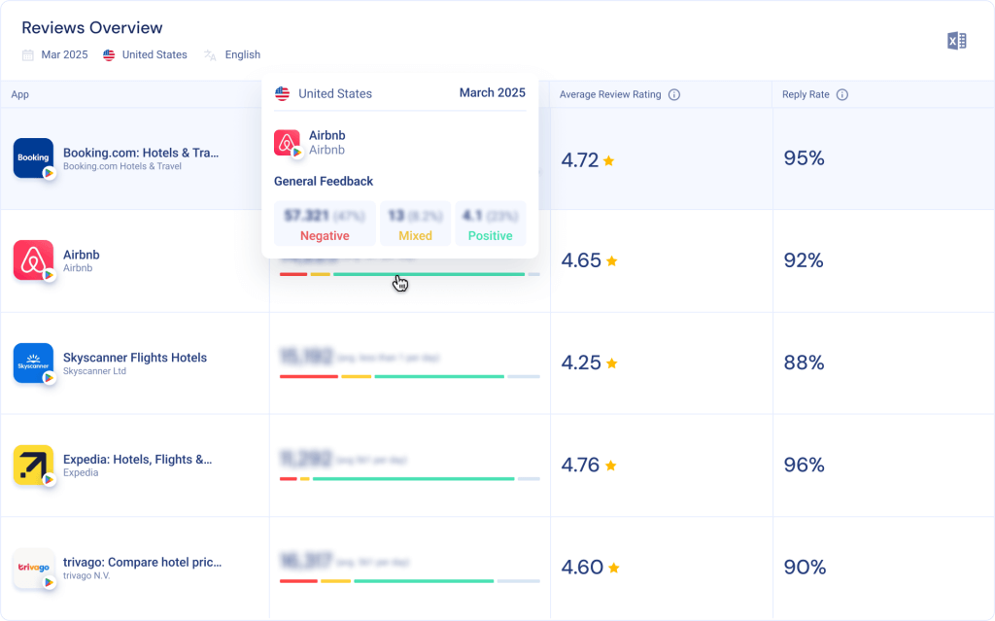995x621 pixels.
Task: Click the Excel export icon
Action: [956, 41]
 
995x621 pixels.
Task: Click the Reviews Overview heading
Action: [92, 28]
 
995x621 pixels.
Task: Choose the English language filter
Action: [242, 55]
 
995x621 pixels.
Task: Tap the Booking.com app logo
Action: [33, 157]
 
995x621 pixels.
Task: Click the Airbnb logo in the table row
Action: [33, 260]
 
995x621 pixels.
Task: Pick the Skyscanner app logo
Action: [33, 362]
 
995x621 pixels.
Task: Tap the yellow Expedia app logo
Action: [33, 465]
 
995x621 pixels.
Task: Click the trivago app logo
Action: [33, 567]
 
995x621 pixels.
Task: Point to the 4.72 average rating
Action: [580, 160]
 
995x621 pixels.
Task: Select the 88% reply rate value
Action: [804, 362]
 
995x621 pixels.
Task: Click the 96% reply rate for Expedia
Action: [804, 465]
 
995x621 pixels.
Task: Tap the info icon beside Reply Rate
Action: [842, 95]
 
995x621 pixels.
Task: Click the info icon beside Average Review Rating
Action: [674, 95]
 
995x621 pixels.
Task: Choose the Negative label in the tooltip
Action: [325, 236]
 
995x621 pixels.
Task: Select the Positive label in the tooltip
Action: [490, 236]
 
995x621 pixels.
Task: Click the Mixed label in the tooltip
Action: [415, 236]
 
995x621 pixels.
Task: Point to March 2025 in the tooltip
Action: [492, 93]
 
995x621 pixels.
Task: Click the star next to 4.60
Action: [614, 568]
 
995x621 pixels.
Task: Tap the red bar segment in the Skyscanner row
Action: [308, 376]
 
